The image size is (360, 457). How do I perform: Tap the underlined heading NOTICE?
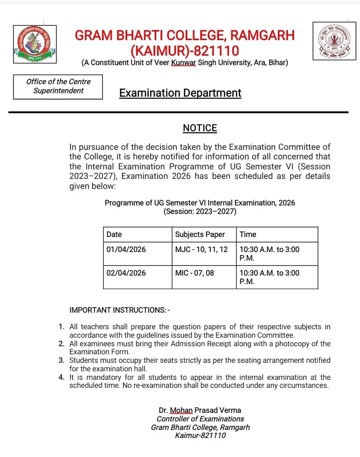200,128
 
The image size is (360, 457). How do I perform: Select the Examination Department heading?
180,93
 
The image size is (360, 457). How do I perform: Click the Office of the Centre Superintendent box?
59,86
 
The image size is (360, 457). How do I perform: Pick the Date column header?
114,235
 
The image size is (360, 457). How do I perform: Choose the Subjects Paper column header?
200,235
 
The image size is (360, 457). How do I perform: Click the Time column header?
248,235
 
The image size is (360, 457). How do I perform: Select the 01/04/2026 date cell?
126,250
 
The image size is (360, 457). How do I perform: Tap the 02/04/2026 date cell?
126,273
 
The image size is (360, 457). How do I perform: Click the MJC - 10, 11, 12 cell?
201,250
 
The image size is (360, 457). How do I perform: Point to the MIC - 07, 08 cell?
195,273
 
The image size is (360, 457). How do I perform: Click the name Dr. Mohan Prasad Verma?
200,410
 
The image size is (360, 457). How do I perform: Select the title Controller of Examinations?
200,419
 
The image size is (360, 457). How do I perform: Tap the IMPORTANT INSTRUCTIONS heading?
120,310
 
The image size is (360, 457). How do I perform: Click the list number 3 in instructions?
61,360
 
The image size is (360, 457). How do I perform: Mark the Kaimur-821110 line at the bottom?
200,435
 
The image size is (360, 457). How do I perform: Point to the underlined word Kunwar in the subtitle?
183,63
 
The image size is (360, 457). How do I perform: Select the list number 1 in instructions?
61,327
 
